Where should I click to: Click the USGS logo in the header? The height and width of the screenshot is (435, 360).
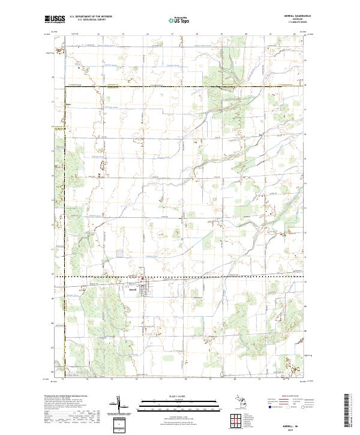tap(55, 19)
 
